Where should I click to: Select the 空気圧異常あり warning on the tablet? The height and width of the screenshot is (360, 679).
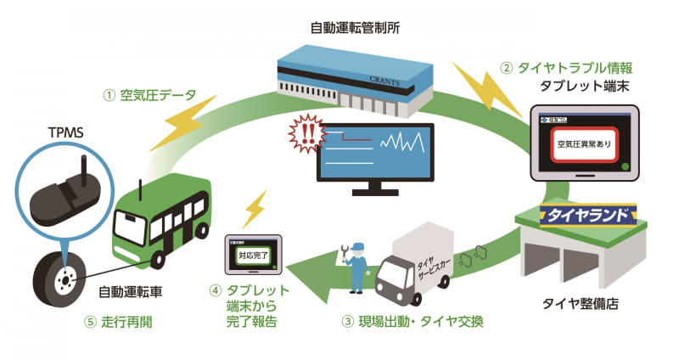[x=581, y=143]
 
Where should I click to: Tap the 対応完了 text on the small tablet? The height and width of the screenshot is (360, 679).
[x=254, y=252]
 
